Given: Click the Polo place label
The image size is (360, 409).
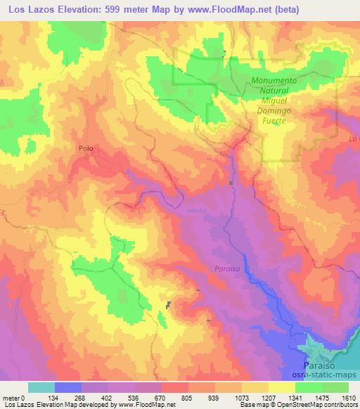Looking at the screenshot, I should pos(86,148).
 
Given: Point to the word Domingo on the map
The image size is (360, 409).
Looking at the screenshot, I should pos(275,111).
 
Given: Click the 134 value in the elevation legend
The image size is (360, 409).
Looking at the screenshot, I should pos(54,398).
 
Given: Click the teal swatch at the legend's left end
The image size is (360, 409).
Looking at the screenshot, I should pos(41,387).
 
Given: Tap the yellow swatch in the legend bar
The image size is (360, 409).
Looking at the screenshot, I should pos(282,387).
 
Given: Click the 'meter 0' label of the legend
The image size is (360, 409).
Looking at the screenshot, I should pos(13,398).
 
